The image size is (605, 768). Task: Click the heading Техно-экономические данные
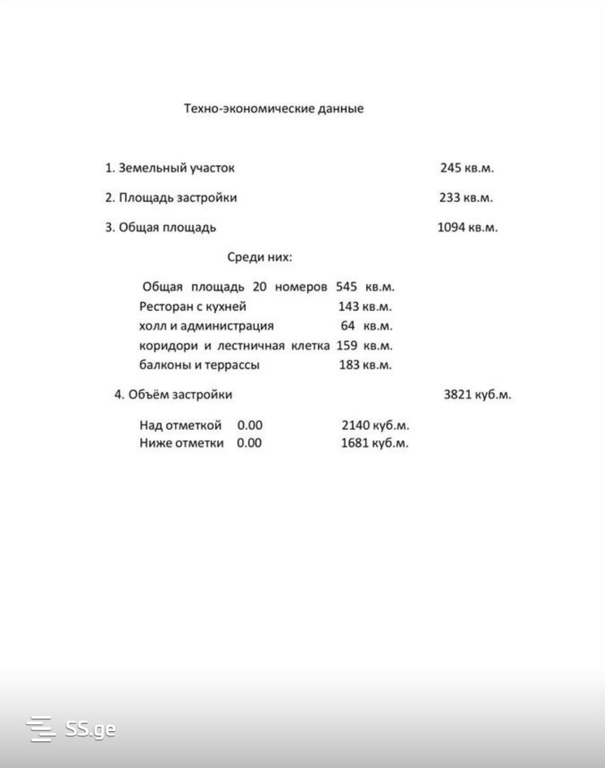(x=274, y=109)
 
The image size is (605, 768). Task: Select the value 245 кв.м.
(x=466, y=168)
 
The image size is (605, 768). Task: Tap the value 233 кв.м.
(x=465, y=198)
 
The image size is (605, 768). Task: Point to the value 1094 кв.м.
(x=467, y=228)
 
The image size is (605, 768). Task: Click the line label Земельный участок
(x=176, y=168)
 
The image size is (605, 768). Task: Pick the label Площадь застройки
(x=177, y=198)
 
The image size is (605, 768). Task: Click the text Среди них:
(x=259, y=257)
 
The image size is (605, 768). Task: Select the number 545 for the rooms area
(x=346, y=287)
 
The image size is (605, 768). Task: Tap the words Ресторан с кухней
(x=192, y=306)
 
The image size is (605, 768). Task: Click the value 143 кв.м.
(x=365, y=306)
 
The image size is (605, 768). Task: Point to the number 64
(x=347, y=326)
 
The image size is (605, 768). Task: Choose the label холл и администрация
(x=206, y=326)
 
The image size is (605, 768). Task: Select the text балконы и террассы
(x=199, y=365)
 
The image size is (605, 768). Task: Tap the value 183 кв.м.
(x=365, y=365)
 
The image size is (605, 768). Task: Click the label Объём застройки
(x=180, y=395)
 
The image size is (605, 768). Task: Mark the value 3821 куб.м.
(x=477, y=395)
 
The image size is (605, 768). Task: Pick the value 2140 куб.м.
(x=375, y=425)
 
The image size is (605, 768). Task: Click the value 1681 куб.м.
(x=374, y=443)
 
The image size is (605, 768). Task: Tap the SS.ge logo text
(x=90, y=729)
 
